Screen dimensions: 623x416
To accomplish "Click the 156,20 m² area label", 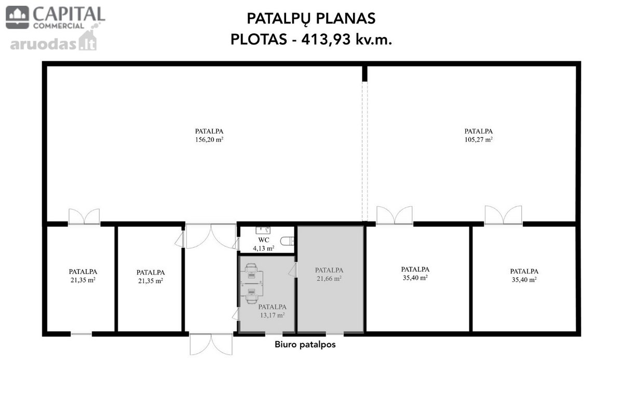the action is [209, 139].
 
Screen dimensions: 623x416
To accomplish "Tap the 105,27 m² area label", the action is [478, 139].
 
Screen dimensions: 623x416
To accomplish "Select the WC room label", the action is [264, 240].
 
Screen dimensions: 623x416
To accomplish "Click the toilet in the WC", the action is [287, 241].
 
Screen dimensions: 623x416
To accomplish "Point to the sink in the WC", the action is [263, 230].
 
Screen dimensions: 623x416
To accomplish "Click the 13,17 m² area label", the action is [272, 315].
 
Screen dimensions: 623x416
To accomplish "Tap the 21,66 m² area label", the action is [329, 278].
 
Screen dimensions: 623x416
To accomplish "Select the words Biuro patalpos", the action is [305, 345].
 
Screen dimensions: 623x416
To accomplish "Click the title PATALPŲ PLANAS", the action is [311, 19].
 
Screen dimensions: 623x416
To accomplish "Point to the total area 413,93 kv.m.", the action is [347, 40].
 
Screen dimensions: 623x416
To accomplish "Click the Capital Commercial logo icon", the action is [17, 17].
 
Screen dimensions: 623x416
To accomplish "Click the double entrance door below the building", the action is [211, 344].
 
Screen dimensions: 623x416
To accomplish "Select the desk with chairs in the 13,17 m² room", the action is [251, 283].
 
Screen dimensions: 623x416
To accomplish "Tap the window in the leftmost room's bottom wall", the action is [81, 334].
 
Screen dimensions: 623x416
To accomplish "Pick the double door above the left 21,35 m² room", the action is [84, 217].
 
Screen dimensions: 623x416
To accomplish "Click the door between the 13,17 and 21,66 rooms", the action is [293, 270].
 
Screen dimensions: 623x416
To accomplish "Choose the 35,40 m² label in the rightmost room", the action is [524, 279].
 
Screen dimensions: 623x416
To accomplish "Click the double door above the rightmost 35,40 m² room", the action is [504, 215].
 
